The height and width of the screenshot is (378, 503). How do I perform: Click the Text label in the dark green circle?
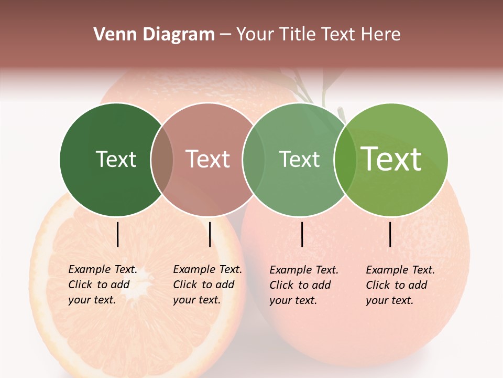[116, 159]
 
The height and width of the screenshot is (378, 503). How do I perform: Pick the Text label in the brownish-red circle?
[207, 159]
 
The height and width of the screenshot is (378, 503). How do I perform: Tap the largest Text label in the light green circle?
[391, 159]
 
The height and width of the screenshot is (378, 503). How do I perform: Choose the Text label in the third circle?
[299, 159]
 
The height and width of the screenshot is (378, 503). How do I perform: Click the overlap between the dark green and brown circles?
[162, 160]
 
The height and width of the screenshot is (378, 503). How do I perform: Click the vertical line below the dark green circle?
[118, 234]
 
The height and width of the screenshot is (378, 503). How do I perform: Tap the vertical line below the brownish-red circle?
[210, 234]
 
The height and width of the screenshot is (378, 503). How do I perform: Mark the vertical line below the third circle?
[302, 234]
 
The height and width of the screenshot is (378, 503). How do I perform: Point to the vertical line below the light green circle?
[390, 234]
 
